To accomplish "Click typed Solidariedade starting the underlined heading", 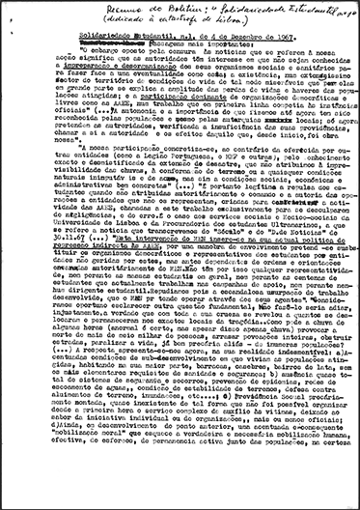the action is coord(61,39).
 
